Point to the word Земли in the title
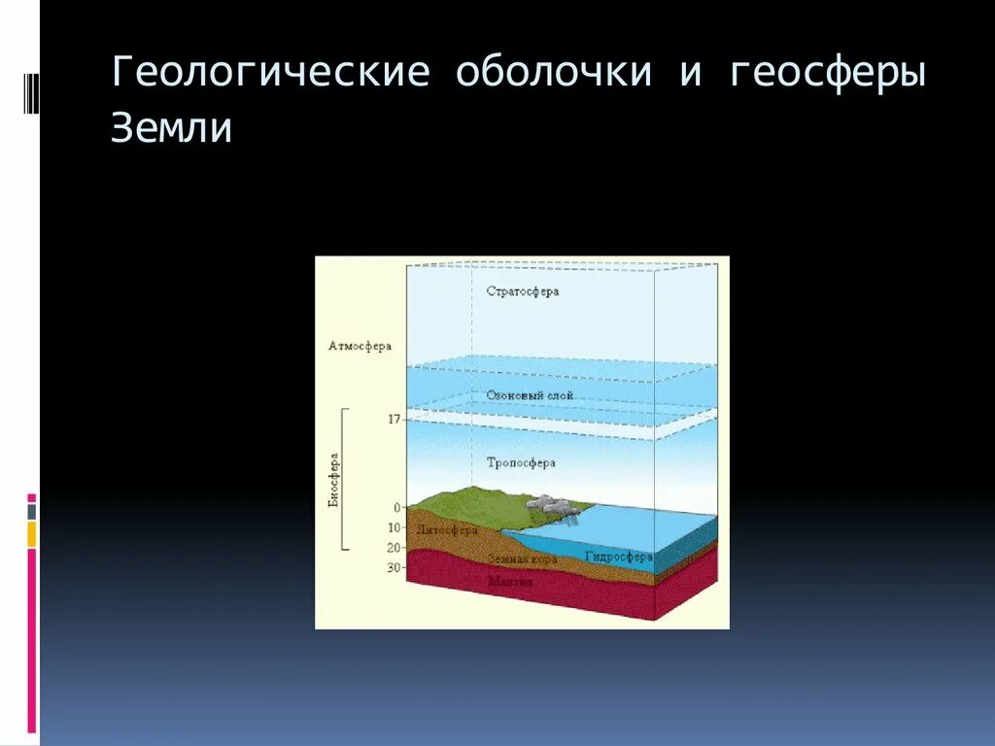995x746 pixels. [171, 128]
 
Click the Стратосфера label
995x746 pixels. [522, 291]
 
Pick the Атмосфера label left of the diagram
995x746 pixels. [360, 346]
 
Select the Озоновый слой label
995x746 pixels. [530, 395]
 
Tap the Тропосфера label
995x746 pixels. [522, 463]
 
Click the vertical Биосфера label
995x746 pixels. [333, 480]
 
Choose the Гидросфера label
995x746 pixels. [618, 557]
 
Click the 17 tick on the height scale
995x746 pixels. [394, 420]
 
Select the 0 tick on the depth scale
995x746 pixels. [396, 507]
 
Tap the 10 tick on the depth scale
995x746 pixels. [394, 527]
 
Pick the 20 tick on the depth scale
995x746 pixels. [394, 548]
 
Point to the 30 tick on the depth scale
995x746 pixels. [394, 568]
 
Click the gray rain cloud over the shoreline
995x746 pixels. [550, 504]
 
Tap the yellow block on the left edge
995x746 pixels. [32, 533]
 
